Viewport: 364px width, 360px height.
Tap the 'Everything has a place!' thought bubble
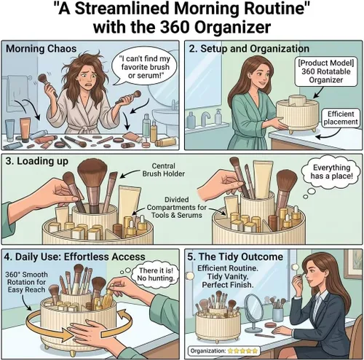pos(331,171)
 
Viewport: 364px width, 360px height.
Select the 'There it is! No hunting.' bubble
pos(155,274)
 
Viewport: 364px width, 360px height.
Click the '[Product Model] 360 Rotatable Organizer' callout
pos(326,71)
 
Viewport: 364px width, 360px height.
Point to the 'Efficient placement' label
pos(341,118)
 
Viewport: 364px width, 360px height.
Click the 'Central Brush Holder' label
pos(163,170)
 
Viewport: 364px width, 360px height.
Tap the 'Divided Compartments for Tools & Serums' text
pos(176,207)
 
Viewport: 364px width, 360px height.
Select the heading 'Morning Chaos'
pos(41,48)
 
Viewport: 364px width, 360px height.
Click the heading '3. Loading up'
pos(36,161)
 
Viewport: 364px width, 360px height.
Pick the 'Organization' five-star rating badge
pos(224,351)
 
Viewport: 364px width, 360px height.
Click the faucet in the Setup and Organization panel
pos(205,118)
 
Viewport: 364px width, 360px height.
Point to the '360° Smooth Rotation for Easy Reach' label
pos(26,282)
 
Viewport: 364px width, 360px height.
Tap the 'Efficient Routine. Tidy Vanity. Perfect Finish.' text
pos(228,276)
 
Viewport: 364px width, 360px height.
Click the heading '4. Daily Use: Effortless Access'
pos(74,257)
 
